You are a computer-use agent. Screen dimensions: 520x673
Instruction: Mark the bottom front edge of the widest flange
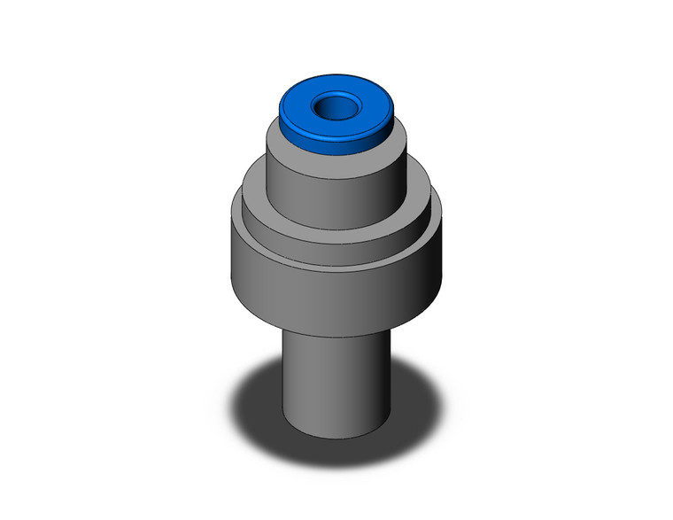pyautogui.click(x=336, y=330)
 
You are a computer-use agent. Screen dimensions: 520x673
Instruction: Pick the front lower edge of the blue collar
pyautogui.click(x=336, y=152)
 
